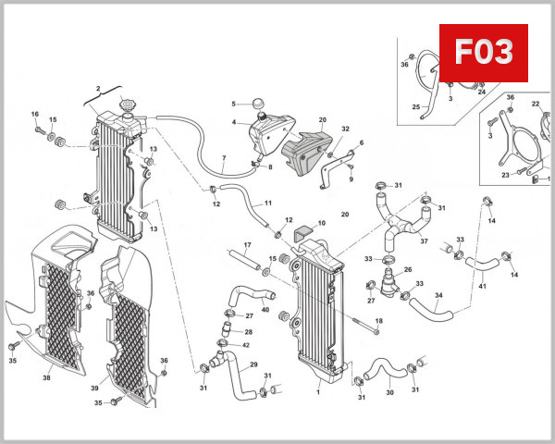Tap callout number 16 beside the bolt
click(x=35, y=115)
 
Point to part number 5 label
click(x=234, y=104)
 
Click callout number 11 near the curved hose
click(x=268, y=203)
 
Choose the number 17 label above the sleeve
click(x=247, y=244)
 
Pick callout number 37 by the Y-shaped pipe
click(x=424, y=241)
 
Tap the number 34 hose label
click(x=438, y=296)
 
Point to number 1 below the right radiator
click(x=317, y=392)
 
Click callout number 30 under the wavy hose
click(x=389, y=392)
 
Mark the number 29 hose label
click(x=253, y=364)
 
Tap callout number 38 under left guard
click(x=46, y=377)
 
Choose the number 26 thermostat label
click(x=408, y=269)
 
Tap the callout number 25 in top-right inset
click(x=416, y=107)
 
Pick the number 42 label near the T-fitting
click(x=245, y=345)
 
